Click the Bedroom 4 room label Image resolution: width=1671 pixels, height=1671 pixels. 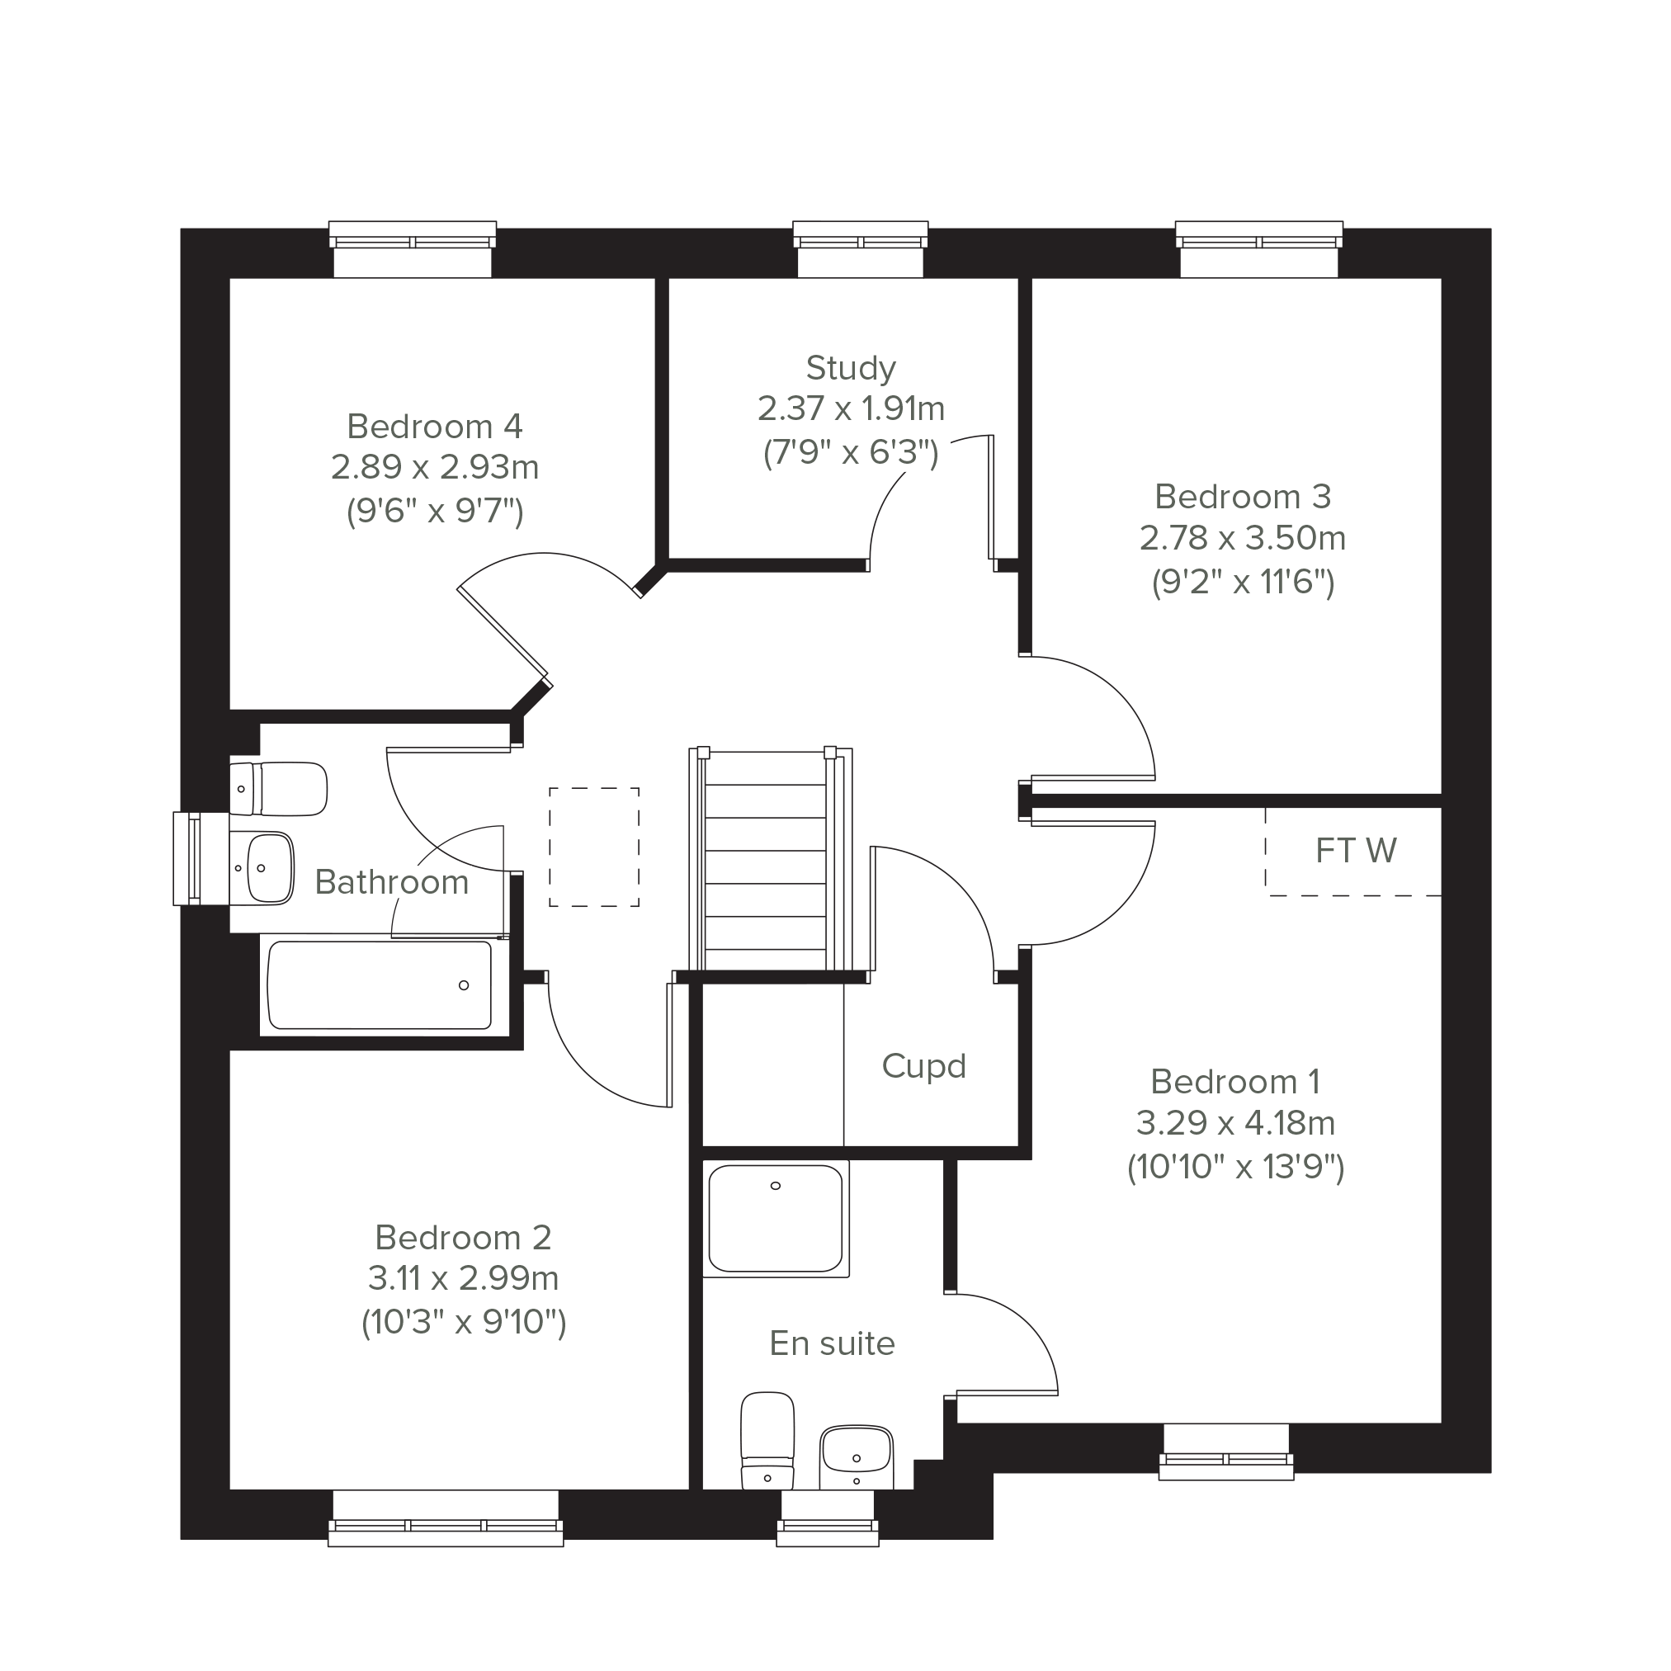pos(434,427)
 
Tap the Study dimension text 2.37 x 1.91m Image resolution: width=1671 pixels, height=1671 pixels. pos(851,408)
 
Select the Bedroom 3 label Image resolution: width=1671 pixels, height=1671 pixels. pos(1243,497)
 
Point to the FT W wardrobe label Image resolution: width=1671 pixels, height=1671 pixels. pos(1355,851)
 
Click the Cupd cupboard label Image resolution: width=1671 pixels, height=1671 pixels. pos(923,1065)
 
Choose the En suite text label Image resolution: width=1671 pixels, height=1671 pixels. pos(832,1343)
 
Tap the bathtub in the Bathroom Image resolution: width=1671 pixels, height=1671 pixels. pos(380,985)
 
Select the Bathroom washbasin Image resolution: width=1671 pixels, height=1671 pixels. pos(262,867)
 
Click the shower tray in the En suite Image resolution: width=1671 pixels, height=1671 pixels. pos(776,1219)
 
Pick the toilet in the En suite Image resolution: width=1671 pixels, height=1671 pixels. pos(767,1440)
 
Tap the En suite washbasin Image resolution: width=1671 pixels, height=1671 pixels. pos(857,1456)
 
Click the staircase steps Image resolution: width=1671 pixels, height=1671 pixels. pos(766,860)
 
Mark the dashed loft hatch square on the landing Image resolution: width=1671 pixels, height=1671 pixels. pos(594,847)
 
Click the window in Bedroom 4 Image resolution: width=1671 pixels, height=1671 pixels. pos(413,249)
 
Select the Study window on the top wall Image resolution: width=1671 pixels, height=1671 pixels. pos(861,249)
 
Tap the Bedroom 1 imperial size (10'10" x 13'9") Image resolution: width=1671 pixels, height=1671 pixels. pos(1235,1168)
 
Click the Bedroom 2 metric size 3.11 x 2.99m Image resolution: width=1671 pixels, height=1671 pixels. pos(463,1277)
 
